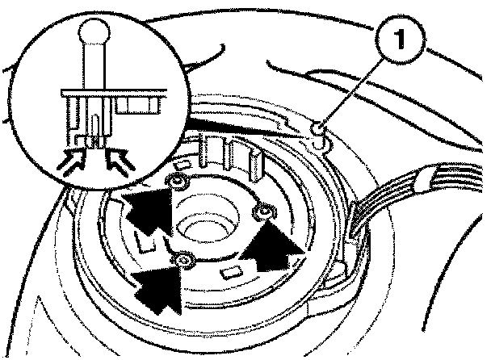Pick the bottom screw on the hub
coord(185,261)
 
